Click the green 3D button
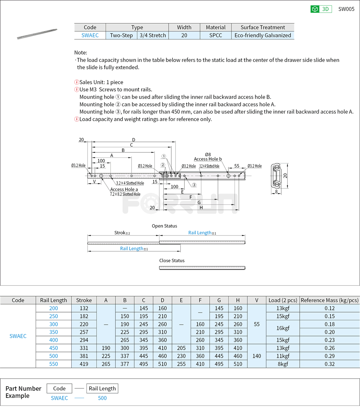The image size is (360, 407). click(x=321, y=9)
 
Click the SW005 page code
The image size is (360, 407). click(x=346, y=9)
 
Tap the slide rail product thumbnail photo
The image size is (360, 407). click(x=37, y=34)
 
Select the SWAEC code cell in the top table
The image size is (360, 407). click(x=90, y=35)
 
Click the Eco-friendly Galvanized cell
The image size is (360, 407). click(x=263, y=35)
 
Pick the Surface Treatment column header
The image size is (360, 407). click(x=263, y=27)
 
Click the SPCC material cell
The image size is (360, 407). click(x=216, y=35)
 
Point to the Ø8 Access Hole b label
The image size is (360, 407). click(x=208, y=157)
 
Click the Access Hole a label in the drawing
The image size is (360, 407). click(x=124, y=189)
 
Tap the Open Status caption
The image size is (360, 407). click(x=164, y=226)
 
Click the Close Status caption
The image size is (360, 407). click(x=172, y=261)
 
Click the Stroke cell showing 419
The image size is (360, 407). click(x=84, y=364)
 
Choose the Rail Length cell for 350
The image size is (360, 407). click(x=53, y=332)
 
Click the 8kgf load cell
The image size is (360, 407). click(x=283, y=364)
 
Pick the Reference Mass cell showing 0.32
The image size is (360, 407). click(x=329, y=364)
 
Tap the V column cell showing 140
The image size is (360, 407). click(x=257, y=356)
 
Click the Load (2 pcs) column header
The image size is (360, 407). click(x=283, y=300)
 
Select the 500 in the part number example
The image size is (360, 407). click(x=102, y=398)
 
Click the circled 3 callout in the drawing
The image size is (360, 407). click(x=194, y=185)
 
